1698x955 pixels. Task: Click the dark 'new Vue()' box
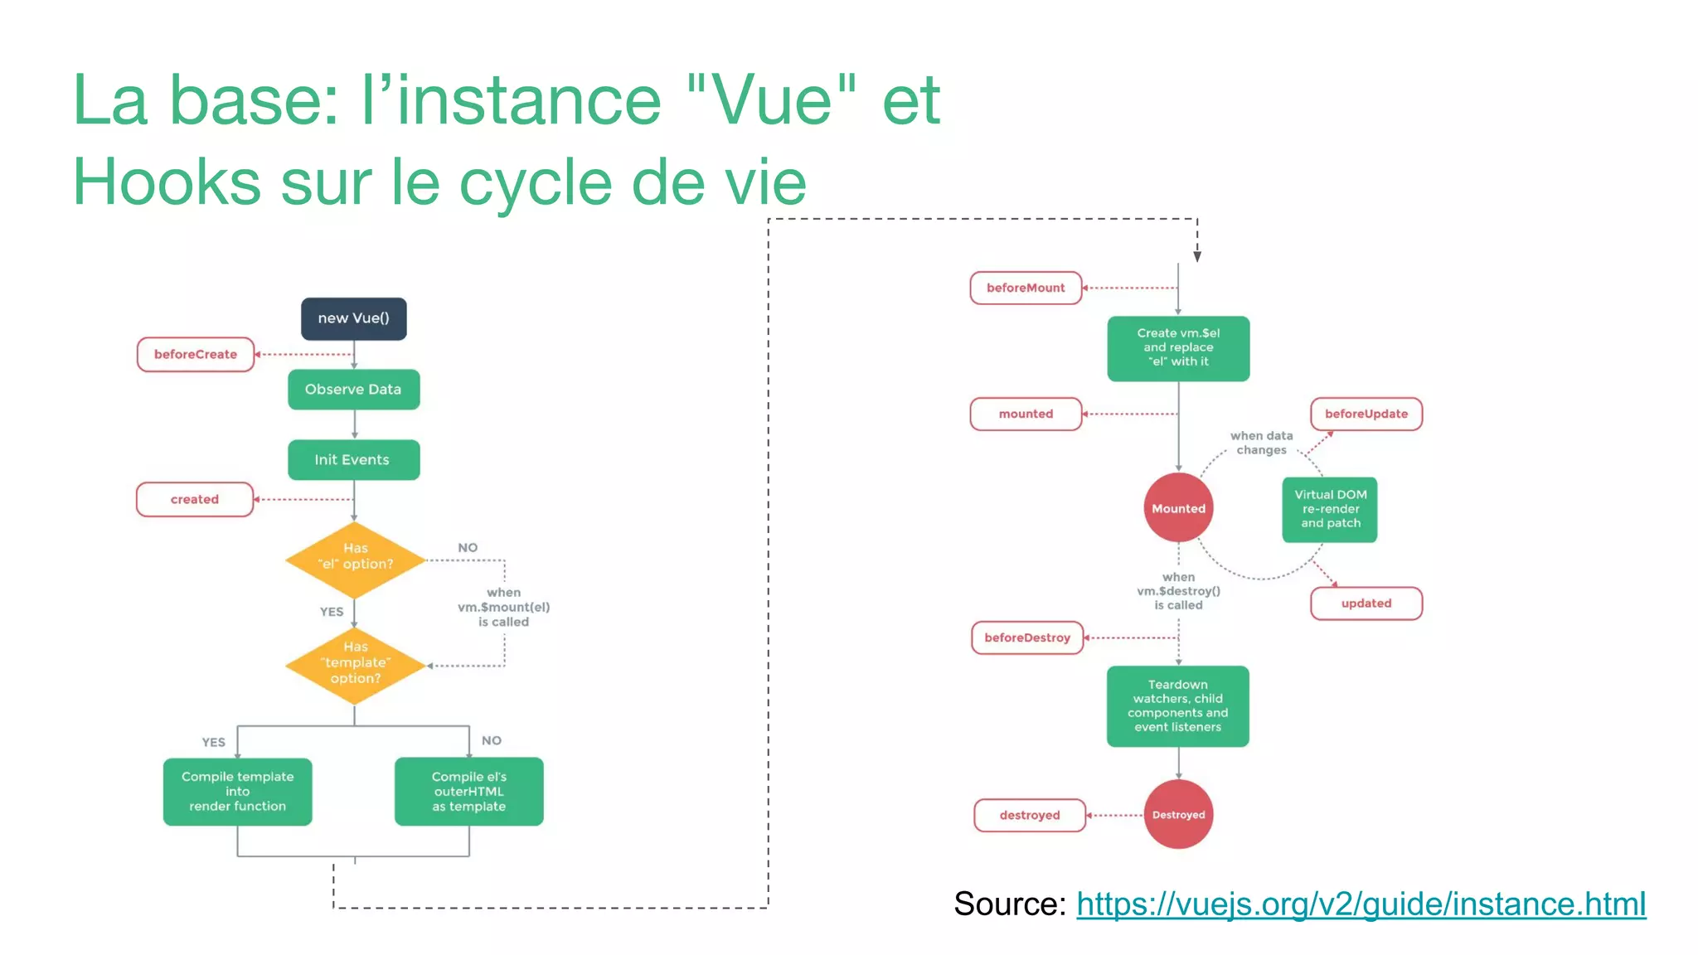coord(354,318)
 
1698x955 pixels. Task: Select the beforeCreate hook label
coord(196,354)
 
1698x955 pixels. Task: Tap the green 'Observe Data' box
coord(354,390)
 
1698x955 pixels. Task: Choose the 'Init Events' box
coord(354,460)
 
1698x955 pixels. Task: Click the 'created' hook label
coord(195,499)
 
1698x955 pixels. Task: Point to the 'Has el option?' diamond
coord(355,560)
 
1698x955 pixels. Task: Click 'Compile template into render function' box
coord(238,792)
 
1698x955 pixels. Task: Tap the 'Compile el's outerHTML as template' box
coord(469,792)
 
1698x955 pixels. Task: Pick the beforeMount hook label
coord(1026,288)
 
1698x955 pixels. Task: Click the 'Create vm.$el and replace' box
coord(1178,348)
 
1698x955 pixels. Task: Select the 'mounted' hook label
coord(1026,414)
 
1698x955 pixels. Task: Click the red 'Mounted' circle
coord(1178,508)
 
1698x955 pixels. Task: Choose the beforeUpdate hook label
coord(1366,414)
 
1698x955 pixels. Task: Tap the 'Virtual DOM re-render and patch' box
coord(1330,509)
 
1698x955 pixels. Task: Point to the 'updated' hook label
coord(1366,604)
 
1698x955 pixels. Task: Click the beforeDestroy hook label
coord(1028,637)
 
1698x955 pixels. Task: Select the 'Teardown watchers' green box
coord(1178,706)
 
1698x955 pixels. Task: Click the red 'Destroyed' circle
coord(1178,815)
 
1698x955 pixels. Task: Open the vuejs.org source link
coord(1361,904)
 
